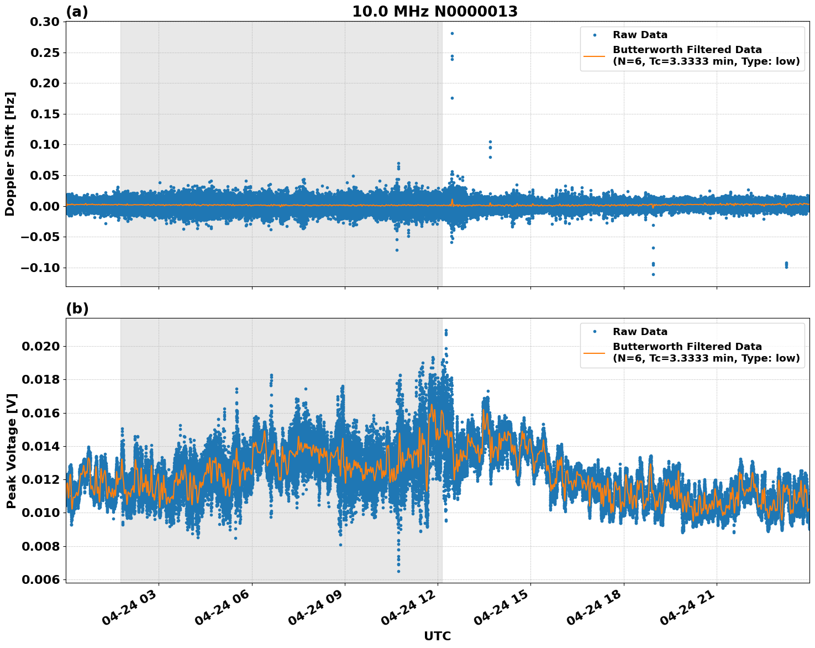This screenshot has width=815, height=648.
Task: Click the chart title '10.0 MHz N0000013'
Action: pos(435,12)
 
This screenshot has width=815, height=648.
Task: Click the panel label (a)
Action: pos(77,12)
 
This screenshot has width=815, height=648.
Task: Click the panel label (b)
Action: pos(77,309)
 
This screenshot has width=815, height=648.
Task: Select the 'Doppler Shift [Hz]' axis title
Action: pos(10,154)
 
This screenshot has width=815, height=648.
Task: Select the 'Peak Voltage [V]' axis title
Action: pos(11,451)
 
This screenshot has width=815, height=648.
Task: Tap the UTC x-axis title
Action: pos(437,636)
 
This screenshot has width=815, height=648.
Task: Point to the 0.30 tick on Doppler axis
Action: pos(47,22)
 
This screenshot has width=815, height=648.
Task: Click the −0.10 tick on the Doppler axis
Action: pos(43,268)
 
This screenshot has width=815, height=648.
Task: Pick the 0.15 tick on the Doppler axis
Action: pos(47,114)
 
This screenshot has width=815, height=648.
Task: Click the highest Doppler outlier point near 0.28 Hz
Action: pos(452,33)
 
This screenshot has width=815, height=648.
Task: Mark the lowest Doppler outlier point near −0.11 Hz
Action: pos(653,274)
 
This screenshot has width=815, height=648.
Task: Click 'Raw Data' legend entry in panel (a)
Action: pos(640,35)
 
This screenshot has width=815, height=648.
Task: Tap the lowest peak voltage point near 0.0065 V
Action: pos(398,571)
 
